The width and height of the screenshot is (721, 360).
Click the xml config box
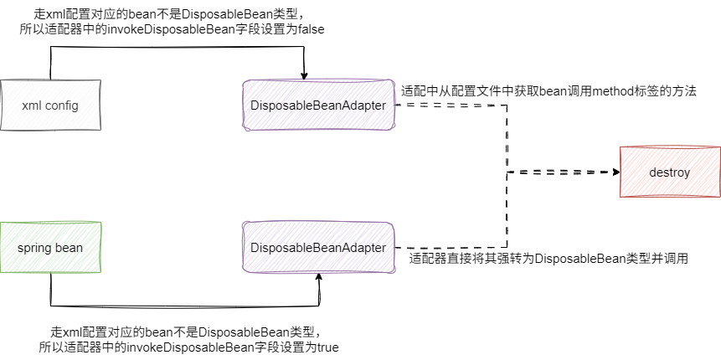[x=50, y=105]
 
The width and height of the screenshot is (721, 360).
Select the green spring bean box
[x=50, y=248]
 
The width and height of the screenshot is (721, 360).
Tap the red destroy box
[x=669, y=172]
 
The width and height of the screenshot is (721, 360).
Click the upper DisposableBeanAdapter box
[x=318, y=105]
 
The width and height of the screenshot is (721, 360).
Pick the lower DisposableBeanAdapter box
[x=318, y=248]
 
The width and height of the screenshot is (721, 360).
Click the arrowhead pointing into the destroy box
[x=615, y=172]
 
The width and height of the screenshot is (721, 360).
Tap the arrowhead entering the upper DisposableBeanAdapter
[x=306, y=75]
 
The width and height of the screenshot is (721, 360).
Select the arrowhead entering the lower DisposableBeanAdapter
[x=319, y=277]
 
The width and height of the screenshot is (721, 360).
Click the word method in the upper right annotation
[x=615, y=90]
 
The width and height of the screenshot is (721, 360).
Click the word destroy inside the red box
[x=669, y=173]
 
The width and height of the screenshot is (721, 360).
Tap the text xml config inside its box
[x=50, y=105]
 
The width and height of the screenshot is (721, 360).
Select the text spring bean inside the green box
[x=50, y=248]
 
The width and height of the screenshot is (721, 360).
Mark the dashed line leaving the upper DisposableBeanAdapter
[x=452, y=106]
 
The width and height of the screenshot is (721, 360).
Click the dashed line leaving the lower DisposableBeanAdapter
[x=452, y=249]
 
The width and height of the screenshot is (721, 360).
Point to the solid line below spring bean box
[x=184, y=305]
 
